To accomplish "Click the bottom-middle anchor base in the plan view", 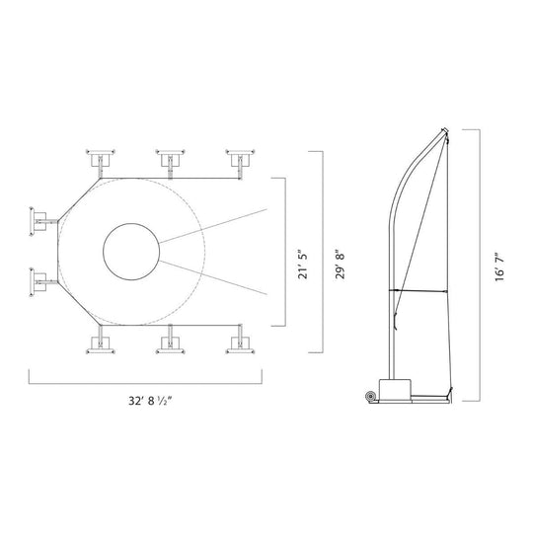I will pos(170,343).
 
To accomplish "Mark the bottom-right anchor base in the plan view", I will pos(239,343).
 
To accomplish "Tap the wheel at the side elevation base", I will pos(369,397).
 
